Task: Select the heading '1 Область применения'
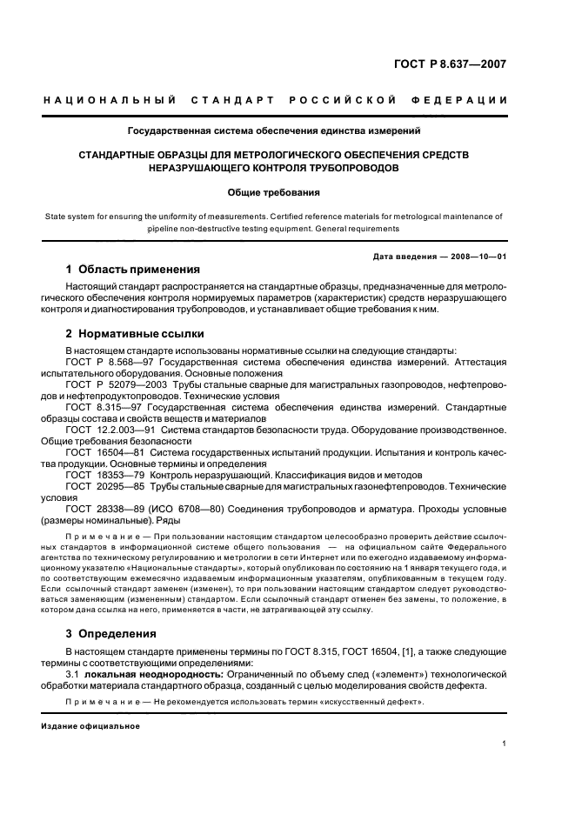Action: (x=132, y=269)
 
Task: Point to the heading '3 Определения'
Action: (x=111, y=634)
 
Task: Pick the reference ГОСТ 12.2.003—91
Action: (x=114, y=430)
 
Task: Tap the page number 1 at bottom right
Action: (x=504, y=744)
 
